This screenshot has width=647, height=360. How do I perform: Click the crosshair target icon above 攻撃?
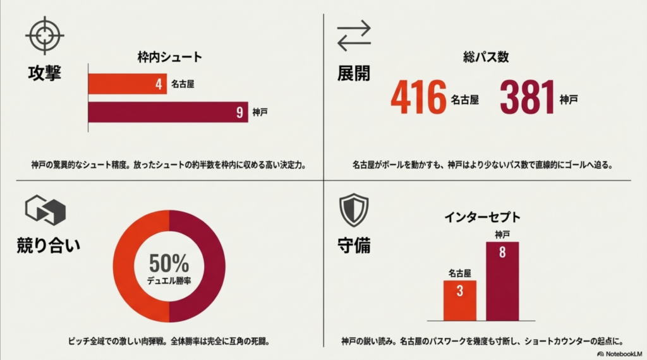point(45,35)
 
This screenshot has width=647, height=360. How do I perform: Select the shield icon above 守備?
point(353,210)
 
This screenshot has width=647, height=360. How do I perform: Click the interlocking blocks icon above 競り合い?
point(45,210)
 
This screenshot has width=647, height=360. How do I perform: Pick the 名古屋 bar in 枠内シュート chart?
point(127,83)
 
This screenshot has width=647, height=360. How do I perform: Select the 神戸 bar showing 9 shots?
point(167,112)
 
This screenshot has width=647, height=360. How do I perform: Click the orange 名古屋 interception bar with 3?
point(460,300)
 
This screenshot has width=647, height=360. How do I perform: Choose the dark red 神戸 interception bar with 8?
point(502,280)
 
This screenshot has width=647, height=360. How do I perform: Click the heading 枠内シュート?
point(170,57)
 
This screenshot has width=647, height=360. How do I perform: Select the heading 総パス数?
point(486,57)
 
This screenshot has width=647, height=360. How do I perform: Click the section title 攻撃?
point(45,73)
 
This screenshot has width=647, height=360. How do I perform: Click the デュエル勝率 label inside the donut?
point(169,282)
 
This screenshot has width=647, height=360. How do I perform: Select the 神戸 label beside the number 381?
point(569,100)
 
